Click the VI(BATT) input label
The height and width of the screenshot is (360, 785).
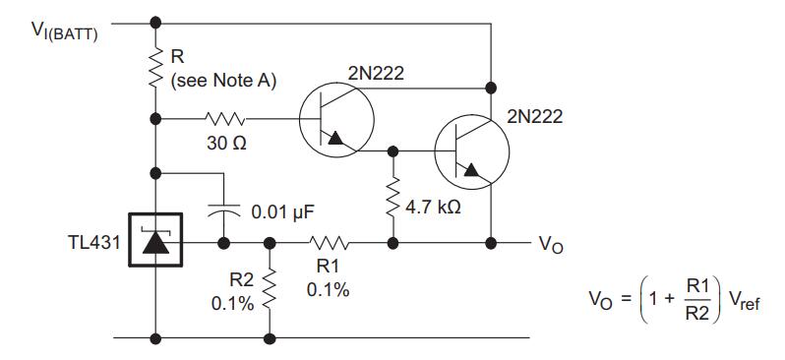[x=65, y=31]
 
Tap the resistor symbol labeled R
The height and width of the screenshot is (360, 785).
[x=155, y=67]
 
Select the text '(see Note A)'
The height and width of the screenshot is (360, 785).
[x=223, y=81]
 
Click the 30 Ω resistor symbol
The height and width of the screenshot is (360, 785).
[x=225, y=119]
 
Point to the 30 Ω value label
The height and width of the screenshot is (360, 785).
[x=226, y=144]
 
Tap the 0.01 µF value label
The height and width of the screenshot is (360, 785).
[x=283, y=211]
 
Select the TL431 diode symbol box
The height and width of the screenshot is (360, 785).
[x=155, y=240]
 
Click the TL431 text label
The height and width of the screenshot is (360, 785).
[x=94, y=242]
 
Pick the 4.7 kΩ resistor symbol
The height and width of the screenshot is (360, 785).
[x=393, y=197]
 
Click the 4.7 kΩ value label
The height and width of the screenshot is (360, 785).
[x=433, y=208]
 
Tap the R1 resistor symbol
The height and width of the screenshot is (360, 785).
[x=329, y=243]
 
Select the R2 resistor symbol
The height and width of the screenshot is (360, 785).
[x=270, y=289]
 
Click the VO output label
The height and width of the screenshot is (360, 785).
[x=551, y=244]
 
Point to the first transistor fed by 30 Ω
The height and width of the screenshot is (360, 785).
[x=336, y=119]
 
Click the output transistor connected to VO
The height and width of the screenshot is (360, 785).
[x=471, y=151]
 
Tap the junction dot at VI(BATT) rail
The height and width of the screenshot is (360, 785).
[x=155, y=23]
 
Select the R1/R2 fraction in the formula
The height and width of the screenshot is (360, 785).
[x=695, y=300]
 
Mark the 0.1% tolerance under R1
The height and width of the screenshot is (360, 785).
[x=329, y=290]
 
